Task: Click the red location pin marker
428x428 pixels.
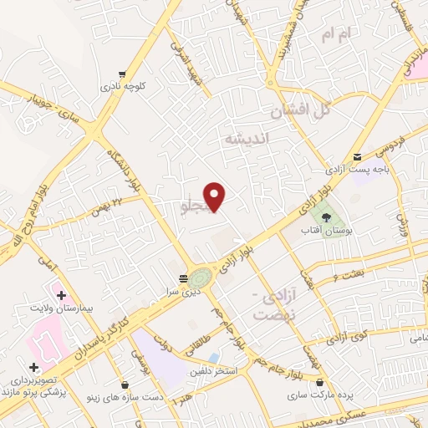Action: [x=216, y=196]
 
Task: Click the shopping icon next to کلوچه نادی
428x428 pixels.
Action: [x=123, y=74]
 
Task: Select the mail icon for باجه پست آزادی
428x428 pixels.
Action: [x=358, y=156]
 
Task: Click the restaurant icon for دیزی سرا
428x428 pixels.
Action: [x=183, y=278]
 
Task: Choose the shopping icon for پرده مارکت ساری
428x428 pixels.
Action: [x=320, y=383]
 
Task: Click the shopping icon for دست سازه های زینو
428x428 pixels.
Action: [x=125, y=385]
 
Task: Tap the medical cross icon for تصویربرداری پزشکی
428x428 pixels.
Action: [x=34, y=367]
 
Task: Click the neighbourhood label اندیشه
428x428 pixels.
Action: [x=243, y=140]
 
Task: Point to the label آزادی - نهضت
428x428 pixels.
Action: [x=269, y=305]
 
